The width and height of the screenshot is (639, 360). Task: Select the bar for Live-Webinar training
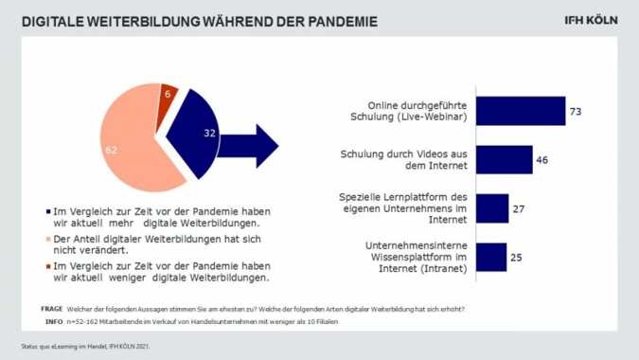(x=520, y=111)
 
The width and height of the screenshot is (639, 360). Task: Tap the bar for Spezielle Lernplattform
(x=491, y=207)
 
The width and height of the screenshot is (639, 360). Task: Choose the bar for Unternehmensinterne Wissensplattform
(x=490, y=257)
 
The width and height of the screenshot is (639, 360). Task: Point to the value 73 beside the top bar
(x=574, y=112)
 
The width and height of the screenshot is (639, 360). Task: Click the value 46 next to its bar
(x=542, y=159)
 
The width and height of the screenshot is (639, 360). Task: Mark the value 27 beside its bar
(x=518, y=208)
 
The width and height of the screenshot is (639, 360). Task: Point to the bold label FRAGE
(x=52, y=309)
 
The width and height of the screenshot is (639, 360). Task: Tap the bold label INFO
(x=53, y=321)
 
